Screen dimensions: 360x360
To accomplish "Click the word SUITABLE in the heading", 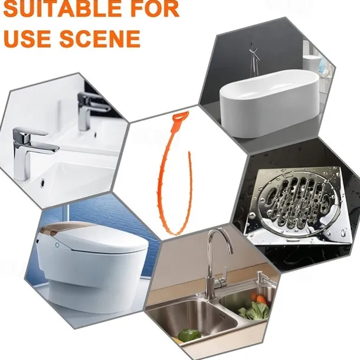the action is [62, 9].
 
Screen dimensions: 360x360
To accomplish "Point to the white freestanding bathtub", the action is [270, 104].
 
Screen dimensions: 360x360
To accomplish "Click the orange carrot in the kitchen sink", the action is [260, 299].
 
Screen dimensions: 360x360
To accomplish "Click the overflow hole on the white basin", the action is [42, 182].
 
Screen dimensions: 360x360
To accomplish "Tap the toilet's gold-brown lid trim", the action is [67, 228].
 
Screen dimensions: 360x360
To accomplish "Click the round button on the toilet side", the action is [57, 245].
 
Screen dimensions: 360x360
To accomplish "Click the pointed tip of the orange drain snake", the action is [189, 152].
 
